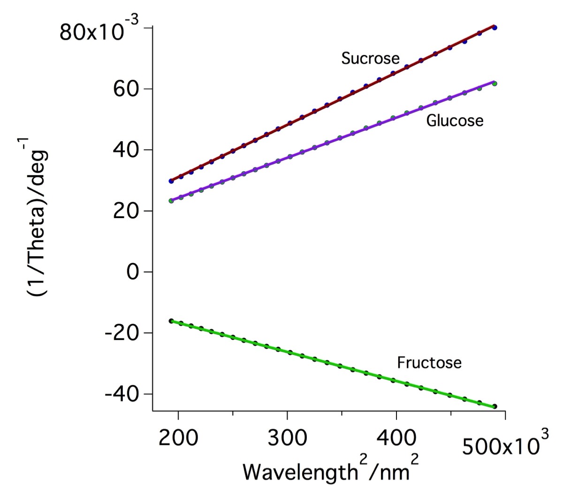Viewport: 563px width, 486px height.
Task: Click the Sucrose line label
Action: tap(370, 59)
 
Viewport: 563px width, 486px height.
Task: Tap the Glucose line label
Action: tap(454, 121)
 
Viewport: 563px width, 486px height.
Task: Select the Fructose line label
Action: tap(429, 363)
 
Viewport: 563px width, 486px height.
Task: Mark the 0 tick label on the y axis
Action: tap(134, 272)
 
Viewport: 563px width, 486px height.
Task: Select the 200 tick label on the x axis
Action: tap(178, 439)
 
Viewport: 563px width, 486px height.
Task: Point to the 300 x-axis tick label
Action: tap(287, 439)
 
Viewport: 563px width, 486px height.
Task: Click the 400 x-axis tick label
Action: tap(396, 439)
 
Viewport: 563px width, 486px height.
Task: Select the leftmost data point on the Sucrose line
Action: tap(171, 181)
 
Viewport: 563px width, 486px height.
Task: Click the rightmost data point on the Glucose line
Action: tap(495, 84)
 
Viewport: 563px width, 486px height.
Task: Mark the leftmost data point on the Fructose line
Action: tap(171, 321)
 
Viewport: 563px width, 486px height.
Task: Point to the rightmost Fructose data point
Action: tap(495, 406)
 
